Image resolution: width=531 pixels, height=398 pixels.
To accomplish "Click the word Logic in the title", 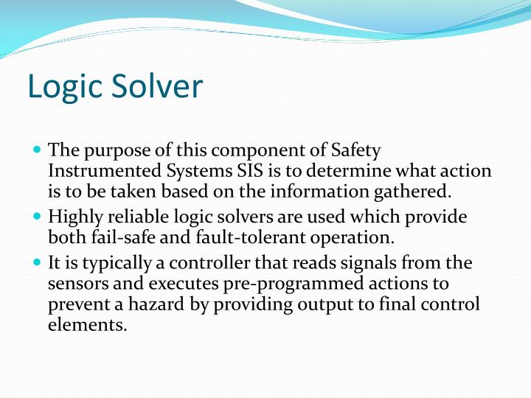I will [64, 87].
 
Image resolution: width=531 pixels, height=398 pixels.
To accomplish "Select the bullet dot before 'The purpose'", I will [38, 148].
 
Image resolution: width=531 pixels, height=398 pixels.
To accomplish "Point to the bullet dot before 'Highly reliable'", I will [38, 216].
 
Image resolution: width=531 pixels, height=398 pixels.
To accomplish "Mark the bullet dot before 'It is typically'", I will [38, 262].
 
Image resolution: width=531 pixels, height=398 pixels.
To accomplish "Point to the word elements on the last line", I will [85, 325].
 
